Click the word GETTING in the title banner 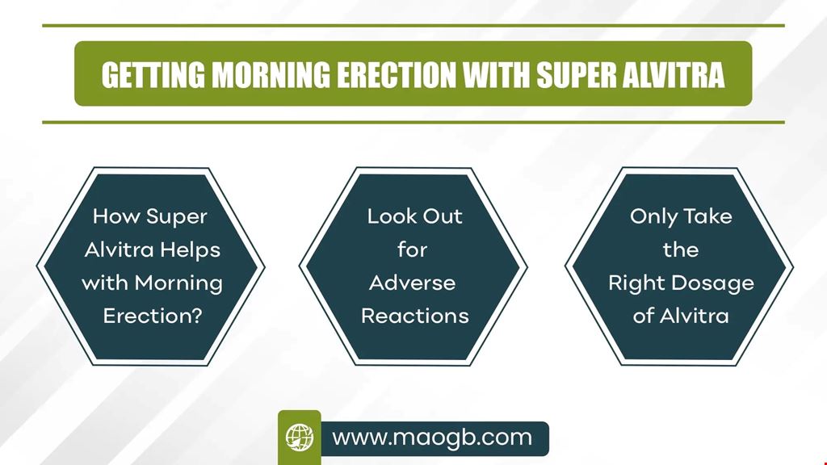click(153, 75)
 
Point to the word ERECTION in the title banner click(396, 75)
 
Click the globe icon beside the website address click(300, 438)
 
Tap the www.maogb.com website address click(432, 438)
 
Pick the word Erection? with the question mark click(153, 316)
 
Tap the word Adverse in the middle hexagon click(412, 283)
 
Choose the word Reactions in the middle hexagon click(414, 316)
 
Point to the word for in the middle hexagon click(412, 249)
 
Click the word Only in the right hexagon click(653, 217)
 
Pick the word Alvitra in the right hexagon click(694, 316)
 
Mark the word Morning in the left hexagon click(178, 284)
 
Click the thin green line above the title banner click(413, 25)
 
